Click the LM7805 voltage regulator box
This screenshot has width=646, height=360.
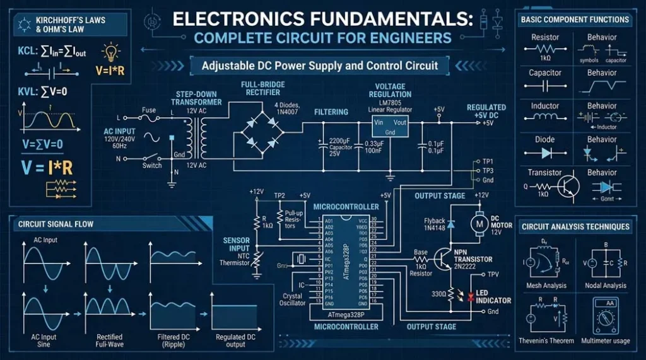point(390,127)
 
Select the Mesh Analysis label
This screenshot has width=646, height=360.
point(546,286)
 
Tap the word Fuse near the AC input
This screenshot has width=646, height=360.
point(149,110)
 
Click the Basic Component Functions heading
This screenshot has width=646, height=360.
point(575,20)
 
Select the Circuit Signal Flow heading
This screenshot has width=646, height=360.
point(50,223)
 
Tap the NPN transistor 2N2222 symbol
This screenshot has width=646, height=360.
point(446,258)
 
